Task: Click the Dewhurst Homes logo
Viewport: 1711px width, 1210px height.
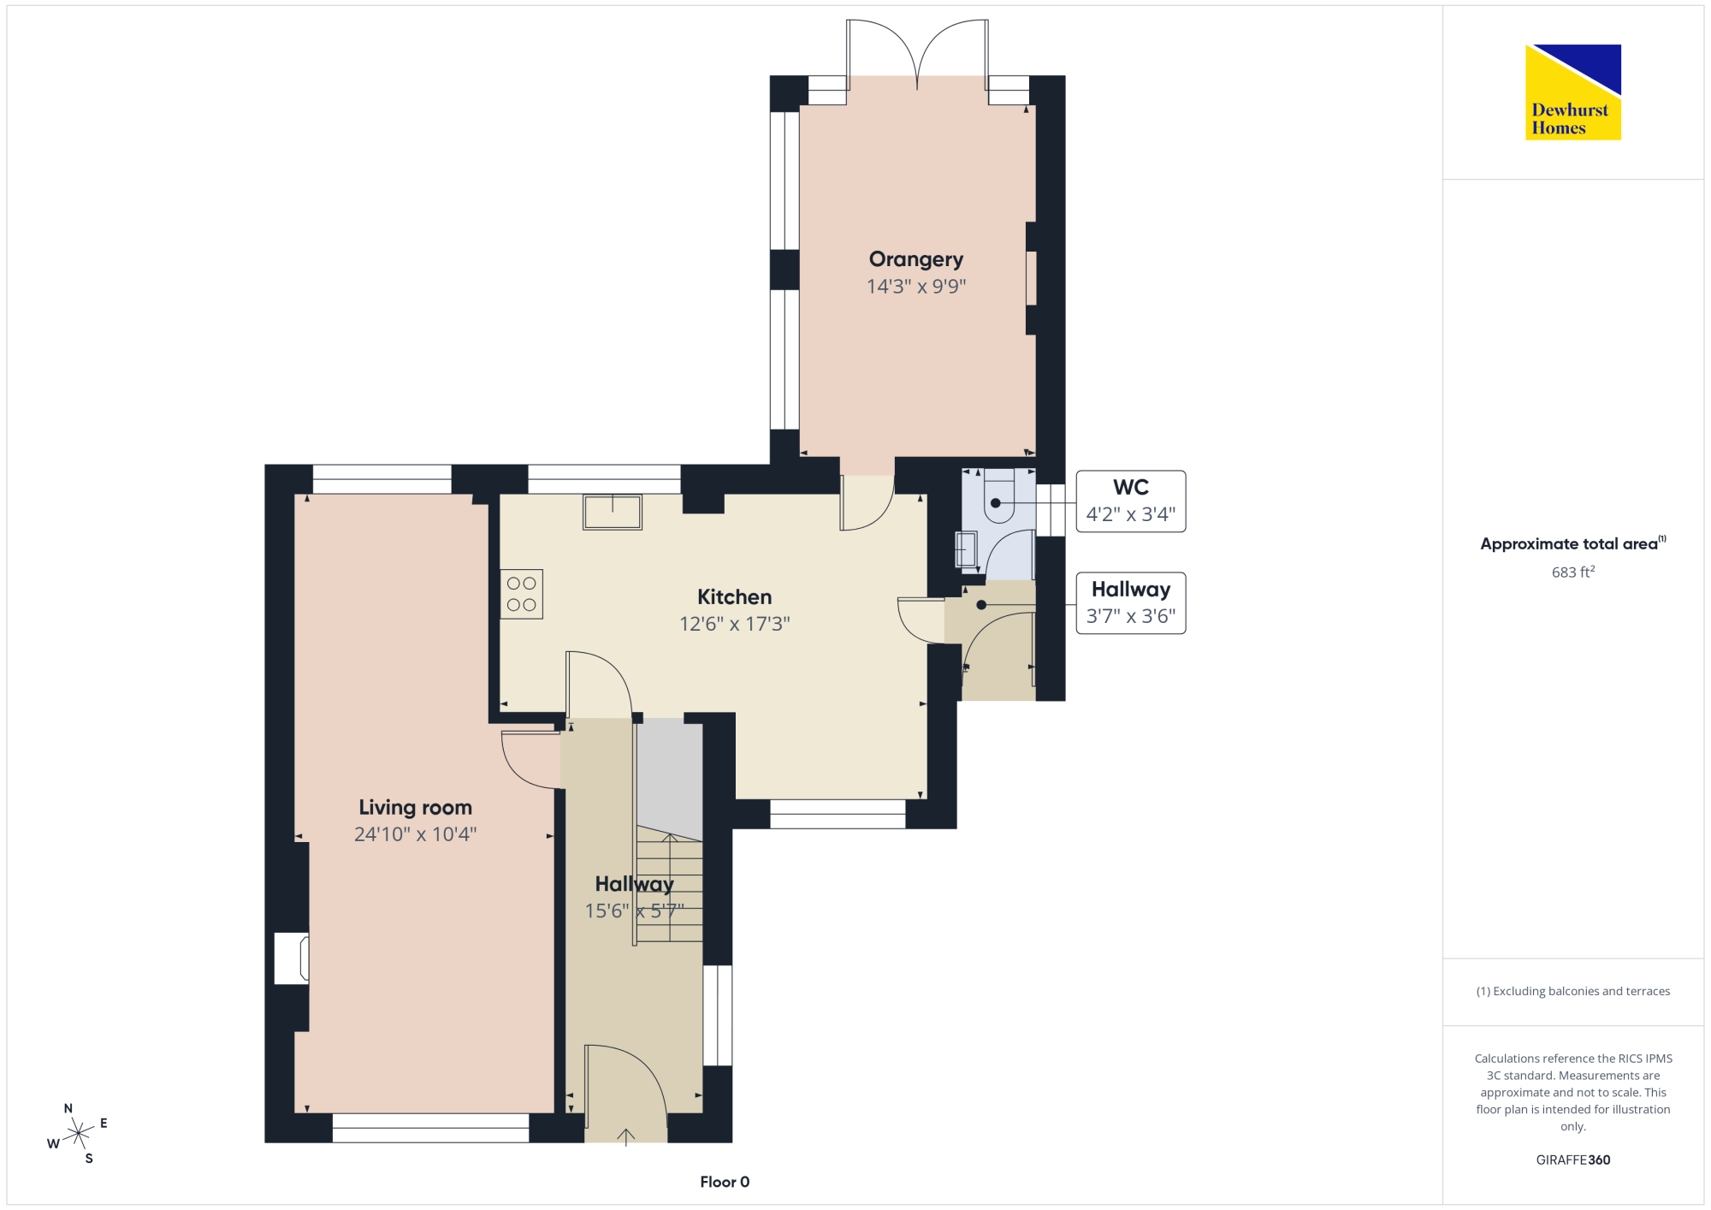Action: (1573, 92)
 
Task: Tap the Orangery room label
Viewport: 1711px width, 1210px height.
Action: (916, 260)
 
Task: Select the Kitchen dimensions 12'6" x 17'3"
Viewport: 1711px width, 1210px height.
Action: (735, 624)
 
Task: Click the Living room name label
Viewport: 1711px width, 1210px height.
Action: (416, 808)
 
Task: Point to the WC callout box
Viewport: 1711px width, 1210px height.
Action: (1131, 501)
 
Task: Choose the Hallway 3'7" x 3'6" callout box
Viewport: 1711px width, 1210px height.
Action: (1131, 603)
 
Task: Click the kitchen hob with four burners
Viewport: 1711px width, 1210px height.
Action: (522, 594)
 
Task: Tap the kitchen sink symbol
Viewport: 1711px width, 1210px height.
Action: (613, 512)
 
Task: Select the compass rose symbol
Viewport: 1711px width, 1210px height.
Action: (78, 1133)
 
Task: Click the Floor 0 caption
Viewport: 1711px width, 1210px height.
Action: (725, 1182)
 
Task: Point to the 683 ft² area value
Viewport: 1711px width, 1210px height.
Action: (1573, 572)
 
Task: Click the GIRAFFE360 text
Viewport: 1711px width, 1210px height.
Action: (1573, 1160)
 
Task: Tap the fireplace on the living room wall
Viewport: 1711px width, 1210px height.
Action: (292, 958)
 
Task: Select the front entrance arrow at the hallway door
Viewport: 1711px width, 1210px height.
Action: (626, 1137)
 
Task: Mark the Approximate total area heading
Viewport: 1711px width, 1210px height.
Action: (1573, 543)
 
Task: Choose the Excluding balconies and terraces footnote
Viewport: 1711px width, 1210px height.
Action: (1573, 991)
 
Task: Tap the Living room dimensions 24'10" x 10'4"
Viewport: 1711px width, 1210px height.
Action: (416, 834)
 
